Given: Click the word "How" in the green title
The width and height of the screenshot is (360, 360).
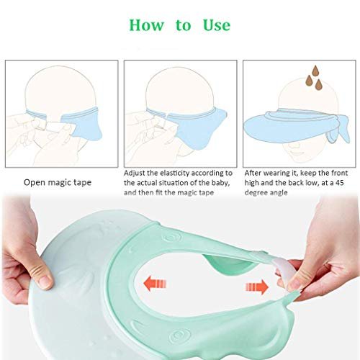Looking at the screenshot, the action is click(x=147, y=25).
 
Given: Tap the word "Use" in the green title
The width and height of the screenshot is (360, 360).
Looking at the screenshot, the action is click(x=217, y=25).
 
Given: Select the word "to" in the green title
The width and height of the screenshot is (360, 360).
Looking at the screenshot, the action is click(x=184, y=26).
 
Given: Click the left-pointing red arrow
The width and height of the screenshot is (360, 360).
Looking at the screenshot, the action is click(x=155, y=284).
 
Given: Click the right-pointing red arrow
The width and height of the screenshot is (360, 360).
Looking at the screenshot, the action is click(x=257, y=287).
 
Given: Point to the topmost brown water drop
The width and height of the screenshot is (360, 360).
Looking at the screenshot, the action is click(x=315, y=71).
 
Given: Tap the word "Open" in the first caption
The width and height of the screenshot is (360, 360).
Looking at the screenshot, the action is click(x=35, y=183).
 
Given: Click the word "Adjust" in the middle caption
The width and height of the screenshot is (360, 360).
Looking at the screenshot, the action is click(x=135, y=174).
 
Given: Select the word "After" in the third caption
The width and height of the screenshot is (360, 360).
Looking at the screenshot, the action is click(x=253, y=173).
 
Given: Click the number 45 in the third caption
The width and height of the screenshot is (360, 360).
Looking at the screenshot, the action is click(x=340, y=183).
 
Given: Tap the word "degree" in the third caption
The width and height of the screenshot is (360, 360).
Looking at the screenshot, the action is click(x=256, y=193).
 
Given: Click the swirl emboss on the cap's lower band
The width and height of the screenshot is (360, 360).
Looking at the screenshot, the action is click(x=178, y=336).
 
